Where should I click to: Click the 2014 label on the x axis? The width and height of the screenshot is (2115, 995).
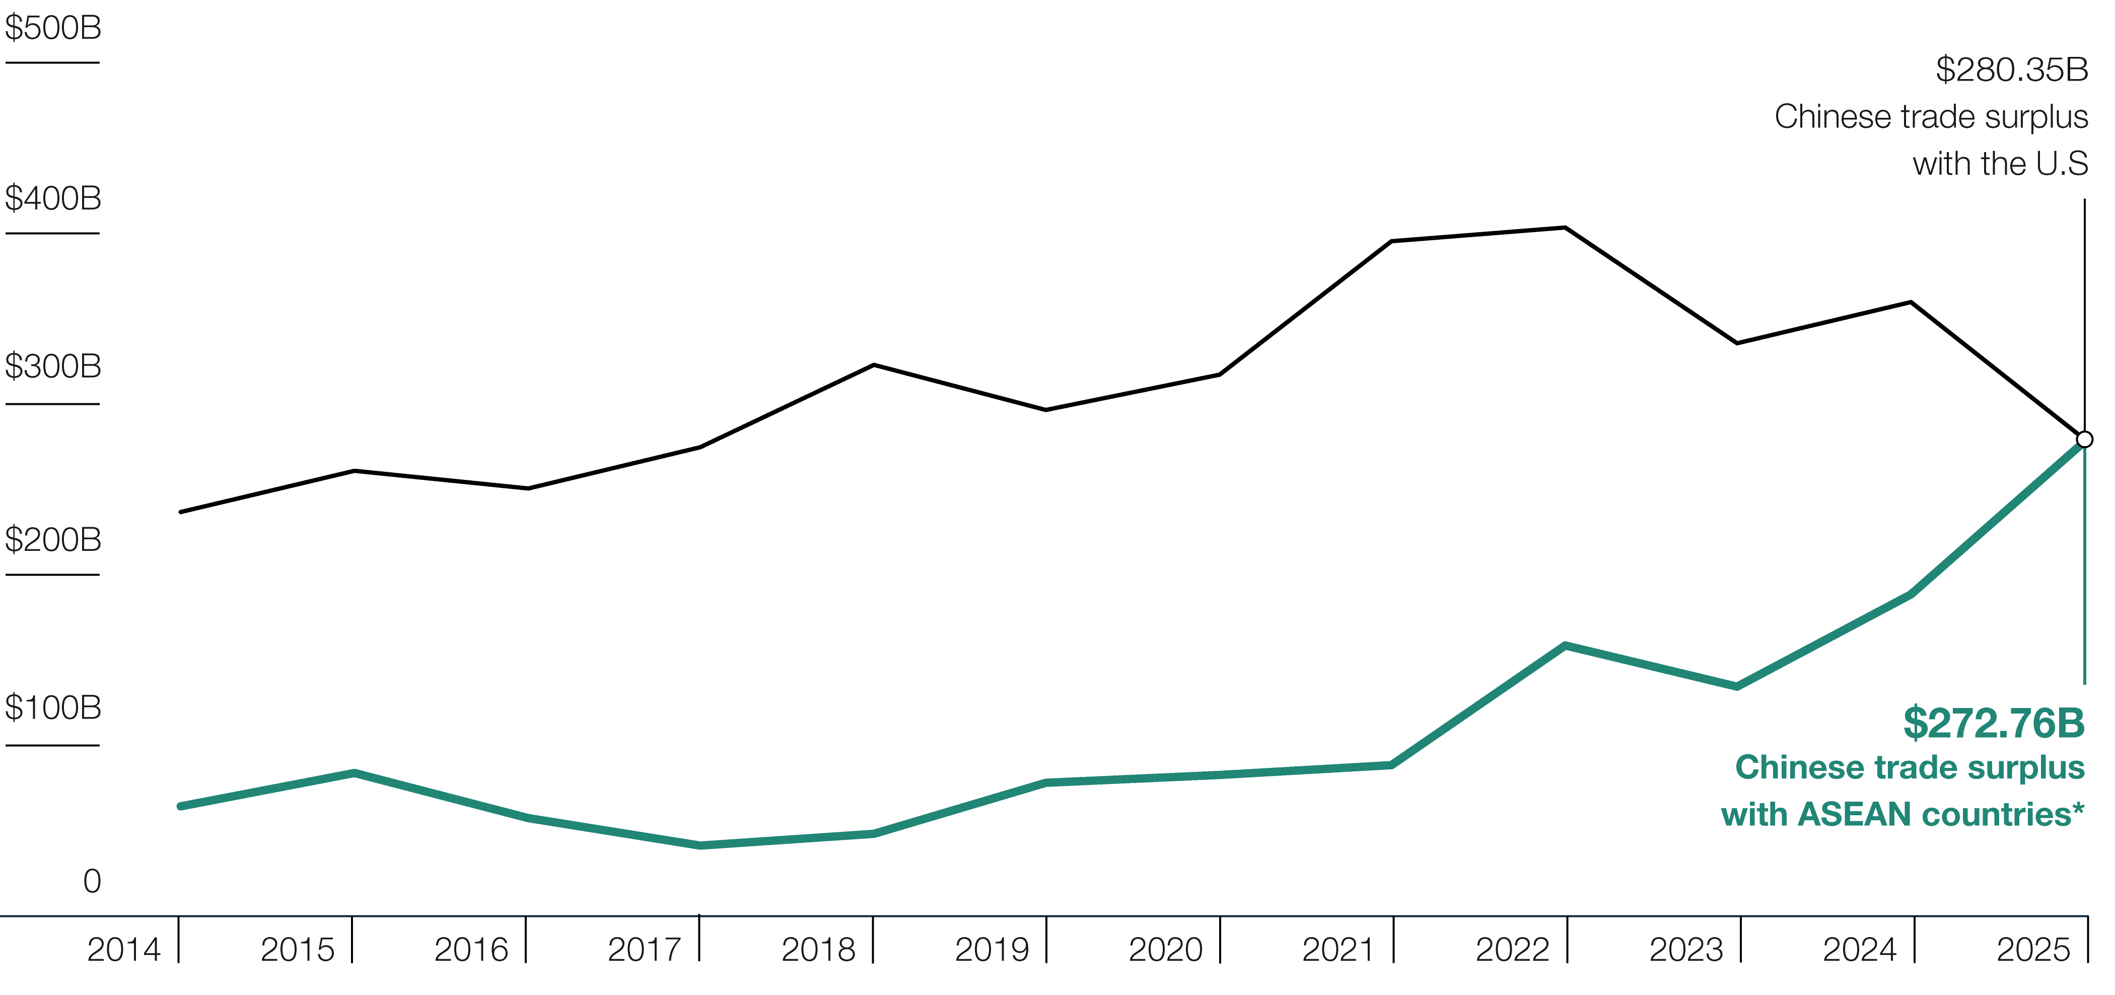124,950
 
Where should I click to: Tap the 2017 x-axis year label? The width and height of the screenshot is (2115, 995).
645,950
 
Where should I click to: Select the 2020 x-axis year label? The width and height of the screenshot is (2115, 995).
1166,950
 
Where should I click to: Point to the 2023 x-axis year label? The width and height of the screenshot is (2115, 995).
1686,950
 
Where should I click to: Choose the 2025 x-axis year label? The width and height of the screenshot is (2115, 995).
2034,950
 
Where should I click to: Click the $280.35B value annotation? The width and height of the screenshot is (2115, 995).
2012,70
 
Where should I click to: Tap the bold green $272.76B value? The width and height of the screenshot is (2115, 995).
1994,723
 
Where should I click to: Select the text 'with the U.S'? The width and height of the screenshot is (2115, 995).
2000,163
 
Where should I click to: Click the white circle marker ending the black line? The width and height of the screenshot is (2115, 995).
2085,439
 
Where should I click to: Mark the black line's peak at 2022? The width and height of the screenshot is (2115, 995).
1565,228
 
